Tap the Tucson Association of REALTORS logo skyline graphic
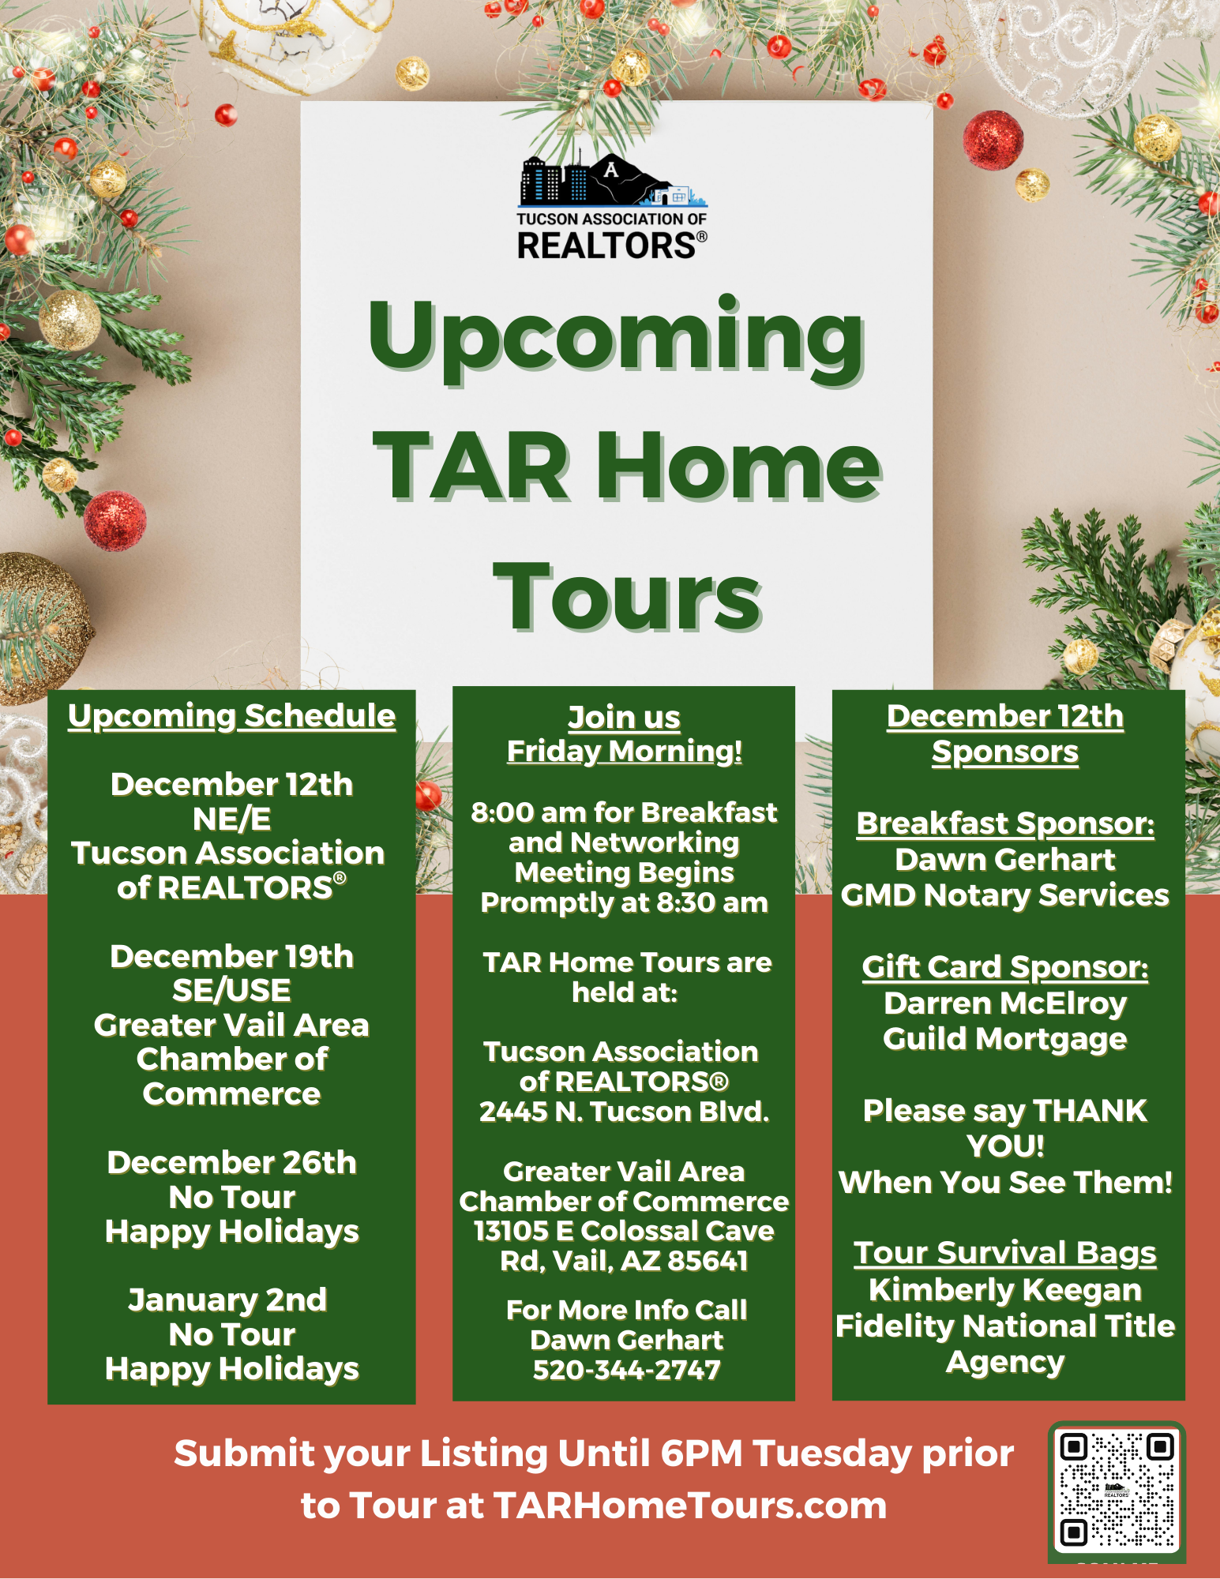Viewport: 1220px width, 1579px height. (x=613, y=181)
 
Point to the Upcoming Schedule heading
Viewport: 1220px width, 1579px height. (x=231, y=716)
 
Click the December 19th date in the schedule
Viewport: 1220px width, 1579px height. (x=231, y=957)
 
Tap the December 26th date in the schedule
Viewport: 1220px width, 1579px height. (x=231, y=1163)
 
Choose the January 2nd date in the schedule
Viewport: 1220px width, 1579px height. (x=227, y=1300)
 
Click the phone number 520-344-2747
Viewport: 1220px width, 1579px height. (x=626, y=1371)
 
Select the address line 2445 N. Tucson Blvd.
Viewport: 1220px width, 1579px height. (x=624, y=1112)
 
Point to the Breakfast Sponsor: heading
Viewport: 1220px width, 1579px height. (x=1005, y=824)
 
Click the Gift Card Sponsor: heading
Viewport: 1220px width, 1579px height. (x=1005, y=968)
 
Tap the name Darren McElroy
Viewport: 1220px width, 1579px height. (x=1005, y=1003)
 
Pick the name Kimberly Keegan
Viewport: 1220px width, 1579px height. (x=1005, y=1291)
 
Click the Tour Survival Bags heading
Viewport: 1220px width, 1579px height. (x=1005, y=1254)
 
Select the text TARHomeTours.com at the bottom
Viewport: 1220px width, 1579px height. (x=690, y=1506)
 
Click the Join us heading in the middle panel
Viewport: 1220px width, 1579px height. (x=624, y=718)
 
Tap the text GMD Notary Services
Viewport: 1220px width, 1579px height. (x=1005, y=895)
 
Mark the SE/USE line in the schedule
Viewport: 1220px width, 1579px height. (x=231, y=991)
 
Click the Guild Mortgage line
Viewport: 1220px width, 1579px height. (x=1005, y=1040)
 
